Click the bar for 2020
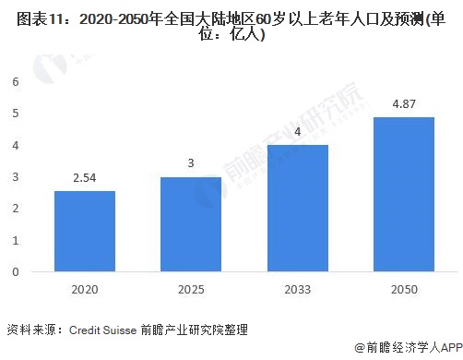pos(85,231)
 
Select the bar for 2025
pos(191,224)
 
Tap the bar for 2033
pos(297,208)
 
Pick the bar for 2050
pos(402,194)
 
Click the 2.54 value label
pos(85,179)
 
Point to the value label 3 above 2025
pos(191,164)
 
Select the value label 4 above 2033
pos(297,132)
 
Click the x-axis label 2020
pos(85,288)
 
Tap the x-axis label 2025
pos(191,288)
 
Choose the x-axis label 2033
pos(297,288)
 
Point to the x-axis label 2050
pos(402,288)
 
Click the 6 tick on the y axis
pos(15,81)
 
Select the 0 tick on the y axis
pos(15,272)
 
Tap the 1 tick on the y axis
pos(15,241)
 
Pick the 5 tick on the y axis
pos(15,114)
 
